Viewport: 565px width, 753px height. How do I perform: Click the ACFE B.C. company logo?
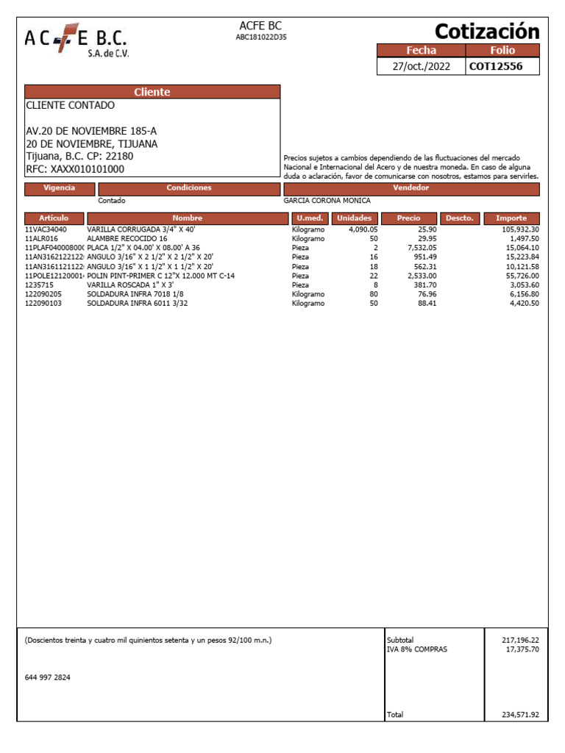(77, 42)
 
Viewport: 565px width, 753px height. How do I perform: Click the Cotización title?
(487, 32)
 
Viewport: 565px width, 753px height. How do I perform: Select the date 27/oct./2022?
(422, 66)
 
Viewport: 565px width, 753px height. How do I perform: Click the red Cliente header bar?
(152, 92)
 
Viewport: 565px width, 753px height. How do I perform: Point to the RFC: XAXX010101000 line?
(75, 169)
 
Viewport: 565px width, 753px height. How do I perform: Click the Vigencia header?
(59, 188)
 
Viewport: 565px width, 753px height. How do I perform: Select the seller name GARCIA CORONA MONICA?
(327, 201)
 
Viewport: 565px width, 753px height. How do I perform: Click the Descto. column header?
(461, 218)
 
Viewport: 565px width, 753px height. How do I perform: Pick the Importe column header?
(511, 218)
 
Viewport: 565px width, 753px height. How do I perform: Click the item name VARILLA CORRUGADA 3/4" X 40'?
(141, 230)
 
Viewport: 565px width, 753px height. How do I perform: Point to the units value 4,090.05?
(363, 230)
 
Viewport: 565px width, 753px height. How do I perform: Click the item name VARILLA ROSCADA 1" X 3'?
(130, 285)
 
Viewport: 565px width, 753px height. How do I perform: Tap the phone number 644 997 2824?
(48, 678)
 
